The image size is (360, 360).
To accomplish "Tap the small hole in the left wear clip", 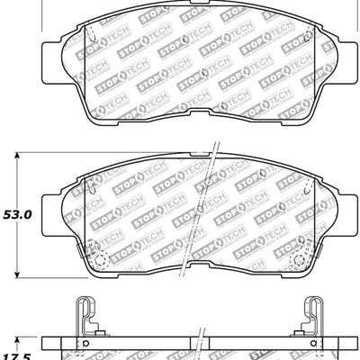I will (x=85, y=342).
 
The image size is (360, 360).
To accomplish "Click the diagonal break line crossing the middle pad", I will (x=209, y=207).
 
